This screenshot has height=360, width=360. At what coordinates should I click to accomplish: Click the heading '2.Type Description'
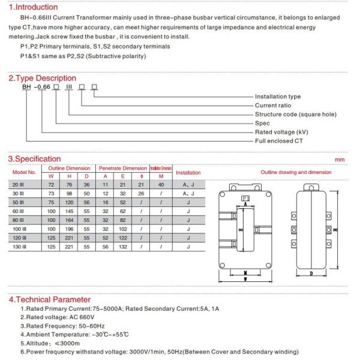42,78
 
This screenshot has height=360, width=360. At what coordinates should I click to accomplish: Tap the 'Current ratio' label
272,106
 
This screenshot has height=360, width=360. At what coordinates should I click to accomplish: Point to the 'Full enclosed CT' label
277,140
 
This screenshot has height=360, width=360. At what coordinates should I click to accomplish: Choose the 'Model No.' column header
25,172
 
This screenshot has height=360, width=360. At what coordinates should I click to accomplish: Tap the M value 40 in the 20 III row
160,185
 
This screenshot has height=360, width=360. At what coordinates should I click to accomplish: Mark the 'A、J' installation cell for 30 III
188,194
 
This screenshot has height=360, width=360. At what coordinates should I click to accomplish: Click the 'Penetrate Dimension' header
122,168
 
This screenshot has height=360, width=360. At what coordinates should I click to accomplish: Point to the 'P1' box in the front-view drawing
245,198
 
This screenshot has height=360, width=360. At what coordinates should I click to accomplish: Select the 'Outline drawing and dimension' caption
295,172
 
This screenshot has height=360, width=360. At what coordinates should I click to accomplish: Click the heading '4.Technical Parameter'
49,299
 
